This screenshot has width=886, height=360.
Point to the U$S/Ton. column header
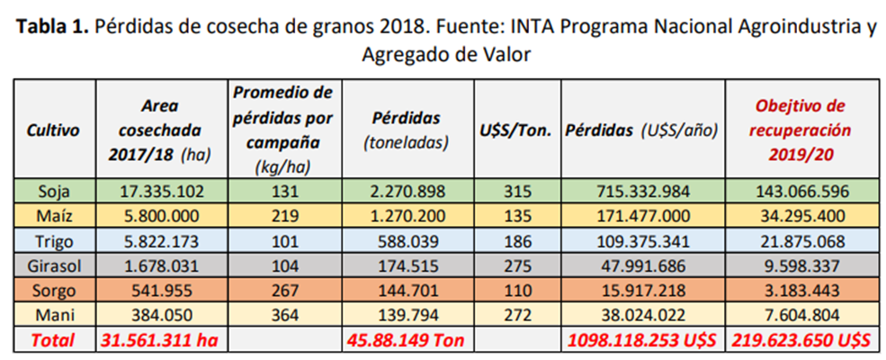513,129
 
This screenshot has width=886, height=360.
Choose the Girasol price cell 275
513,267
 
